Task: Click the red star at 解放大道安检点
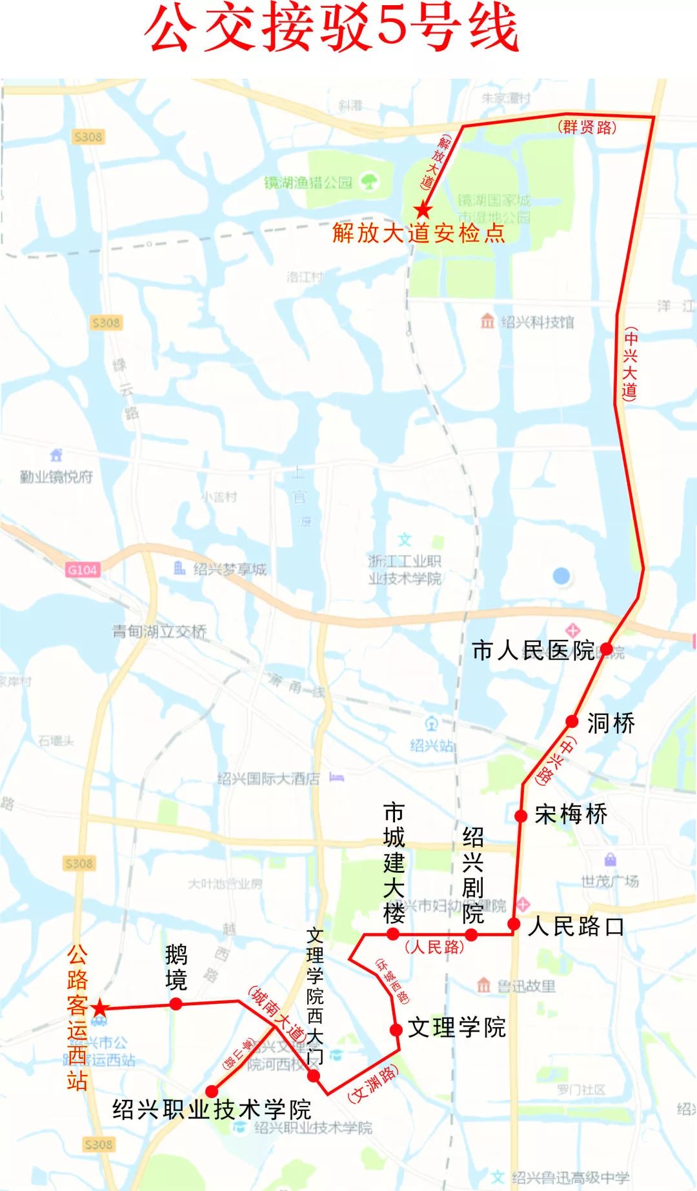coord(423,210)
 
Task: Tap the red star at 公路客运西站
coord(99,1008)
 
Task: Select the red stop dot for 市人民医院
coord(606,648)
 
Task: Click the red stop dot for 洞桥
coord(572,721)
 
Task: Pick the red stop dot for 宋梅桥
coord(521,816)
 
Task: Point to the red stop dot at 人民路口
coord(514,924)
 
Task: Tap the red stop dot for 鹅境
coord(176,1004)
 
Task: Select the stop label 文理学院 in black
coord(457,1028)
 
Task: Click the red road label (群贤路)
coord(587,127)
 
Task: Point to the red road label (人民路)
coord(434,947)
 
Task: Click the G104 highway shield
coord(83,570)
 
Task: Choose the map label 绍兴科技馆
coord(537,322)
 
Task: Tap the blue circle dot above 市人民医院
coord(561,575)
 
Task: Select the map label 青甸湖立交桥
coord(159,632)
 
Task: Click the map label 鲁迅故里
coord(526,986)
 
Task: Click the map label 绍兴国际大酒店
coord(268,779)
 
